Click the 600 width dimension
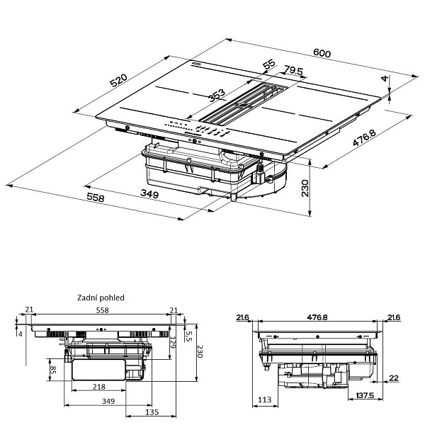(x=321, y=52)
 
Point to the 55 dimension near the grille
(x=268, y=64)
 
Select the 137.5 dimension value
(x=364, y=395)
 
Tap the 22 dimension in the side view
(x=394, y=379)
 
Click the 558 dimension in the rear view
(x=102, y=311)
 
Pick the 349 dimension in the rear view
(x=108, y=402)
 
